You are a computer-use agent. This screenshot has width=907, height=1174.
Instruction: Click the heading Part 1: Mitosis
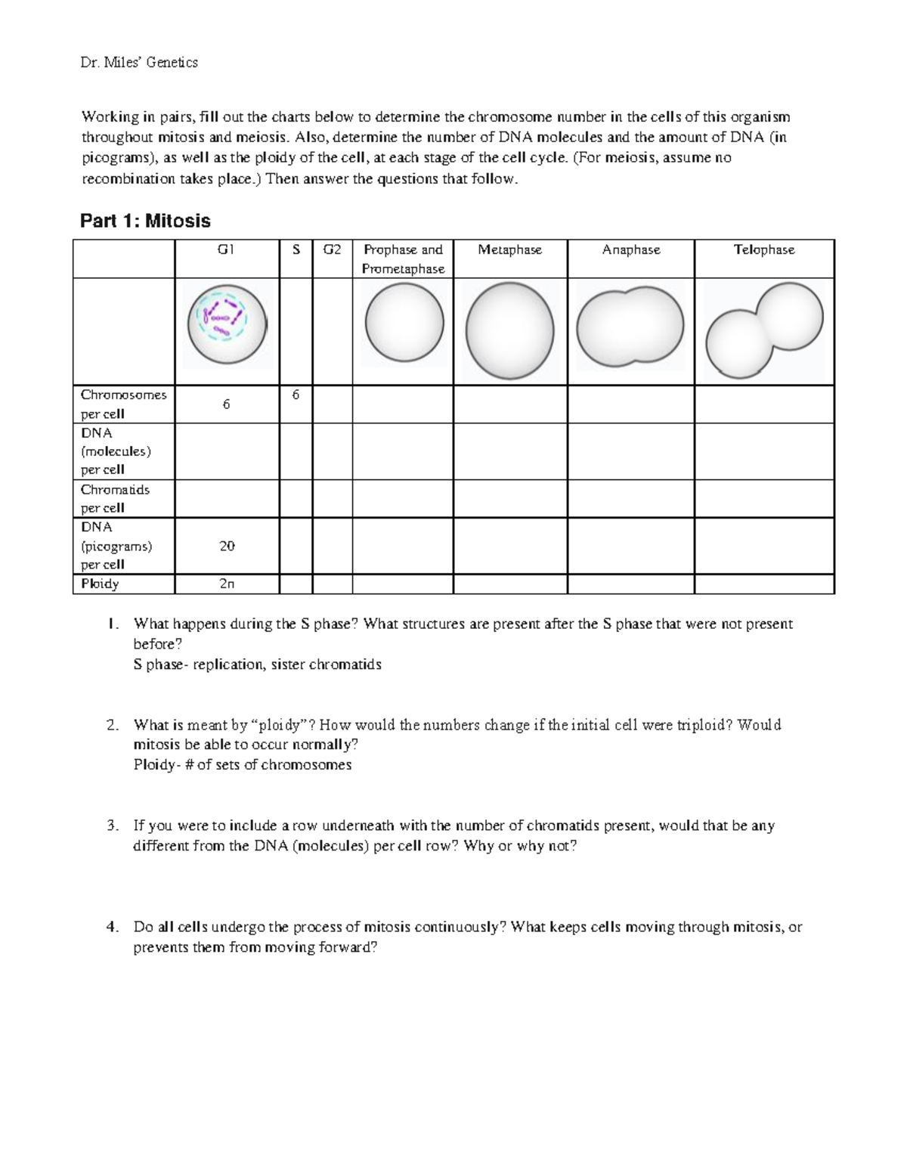click(145, 221)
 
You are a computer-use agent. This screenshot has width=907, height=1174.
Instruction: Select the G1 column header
click(226, 249)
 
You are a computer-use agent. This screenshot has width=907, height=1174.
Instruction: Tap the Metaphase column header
click(509, 249)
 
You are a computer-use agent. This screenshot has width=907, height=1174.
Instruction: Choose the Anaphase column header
click(630, 249)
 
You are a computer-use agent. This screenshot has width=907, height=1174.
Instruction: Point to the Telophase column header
click(763, 249)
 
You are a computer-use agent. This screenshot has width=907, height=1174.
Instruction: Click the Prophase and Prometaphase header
click(403, 259)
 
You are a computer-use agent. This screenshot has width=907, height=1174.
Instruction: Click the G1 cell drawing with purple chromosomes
click(227, 325)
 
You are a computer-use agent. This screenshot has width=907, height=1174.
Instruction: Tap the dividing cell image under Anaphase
click(630, 327)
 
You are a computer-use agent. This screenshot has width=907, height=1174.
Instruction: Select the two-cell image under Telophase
click(763, 330)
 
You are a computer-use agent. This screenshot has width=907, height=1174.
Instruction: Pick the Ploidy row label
click(100, 584)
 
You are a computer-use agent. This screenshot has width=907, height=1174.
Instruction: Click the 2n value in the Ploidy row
click(227, 584)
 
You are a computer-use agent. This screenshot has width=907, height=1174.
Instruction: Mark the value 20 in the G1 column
click(227, 546)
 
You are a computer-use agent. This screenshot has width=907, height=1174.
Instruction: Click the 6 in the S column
click(296, 395)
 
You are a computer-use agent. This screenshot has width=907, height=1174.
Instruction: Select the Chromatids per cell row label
click(115, 498)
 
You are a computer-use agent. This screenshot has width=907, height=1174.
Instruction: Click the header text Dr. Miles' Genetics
click(139, 63)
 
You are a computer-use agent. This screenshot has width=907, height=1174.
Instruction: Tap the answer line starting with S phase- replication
click(257, 664)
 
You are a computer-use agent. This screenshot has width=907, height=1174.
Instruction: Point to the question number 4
click(113, 927)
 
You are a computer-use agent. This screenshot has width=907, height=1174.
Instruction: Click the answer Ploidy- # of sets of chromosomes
click(242, 764)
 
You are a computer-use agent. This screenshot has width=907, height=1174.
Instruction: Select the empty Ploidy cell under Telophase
click(763, 584)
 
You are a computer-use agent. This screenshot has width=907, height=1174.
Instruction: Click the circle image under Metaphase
click(509, 331)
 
